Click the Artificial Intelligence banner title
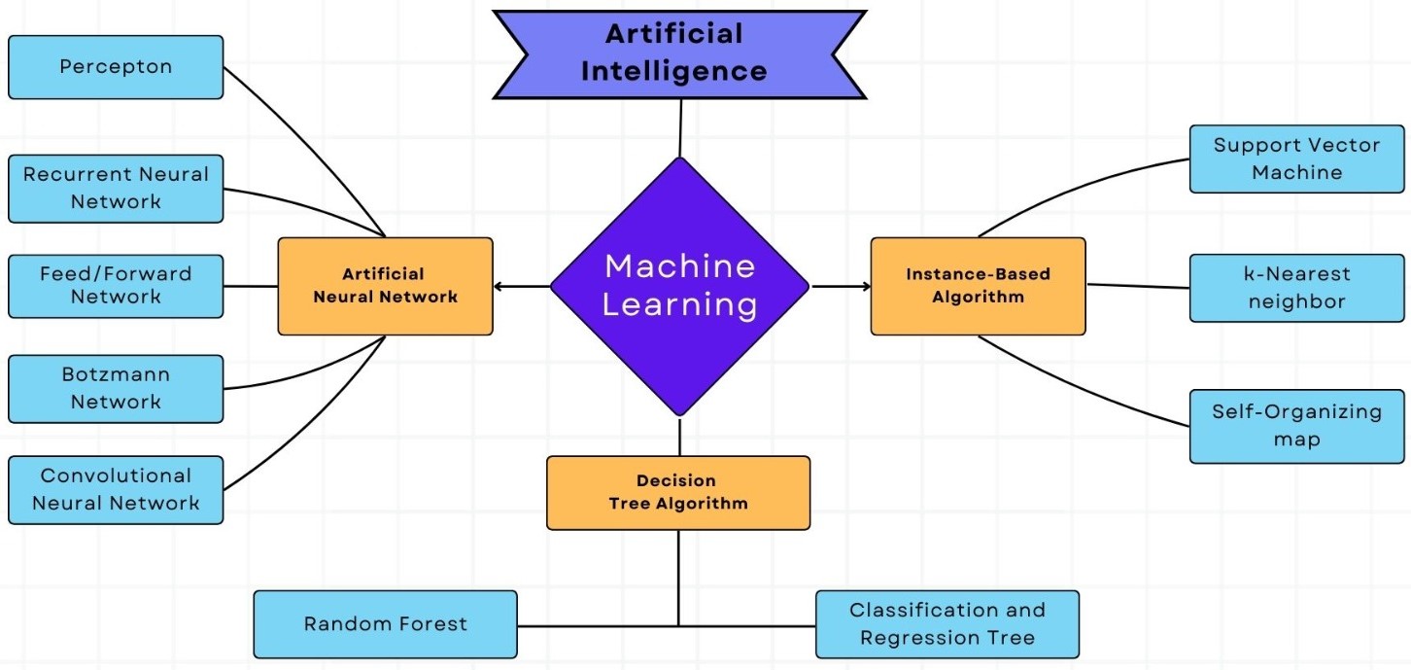[x=679, y=53]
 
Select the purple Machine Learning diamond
[x=679, y=286]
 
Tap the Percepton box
[x=116, y=67]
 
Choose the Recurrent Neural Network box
[x=116, y=188]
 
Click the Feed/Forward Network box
[x=116, y=286]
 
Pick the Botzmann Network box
[x=116, y=388]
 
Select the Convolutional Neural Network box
[x=116, y=490]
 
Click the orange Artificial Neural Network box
[x=385, y=286]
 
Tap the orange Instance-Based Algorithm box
[x=978, y=286]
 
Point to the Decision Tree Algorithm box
[x=678, y=493]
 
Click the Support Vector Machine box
[x=1296, y=159]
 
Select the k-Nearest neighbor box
[x=1296, y=288]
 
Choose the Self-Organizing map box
[x=1296, y=426]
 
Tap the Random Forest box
[x=385, y=624]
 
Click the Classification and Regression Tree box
[x=946, y=624]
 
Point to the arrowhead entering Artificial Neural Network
[x=499, y=286]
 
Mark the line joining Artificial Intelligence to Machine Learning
[x=680, y=127]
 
